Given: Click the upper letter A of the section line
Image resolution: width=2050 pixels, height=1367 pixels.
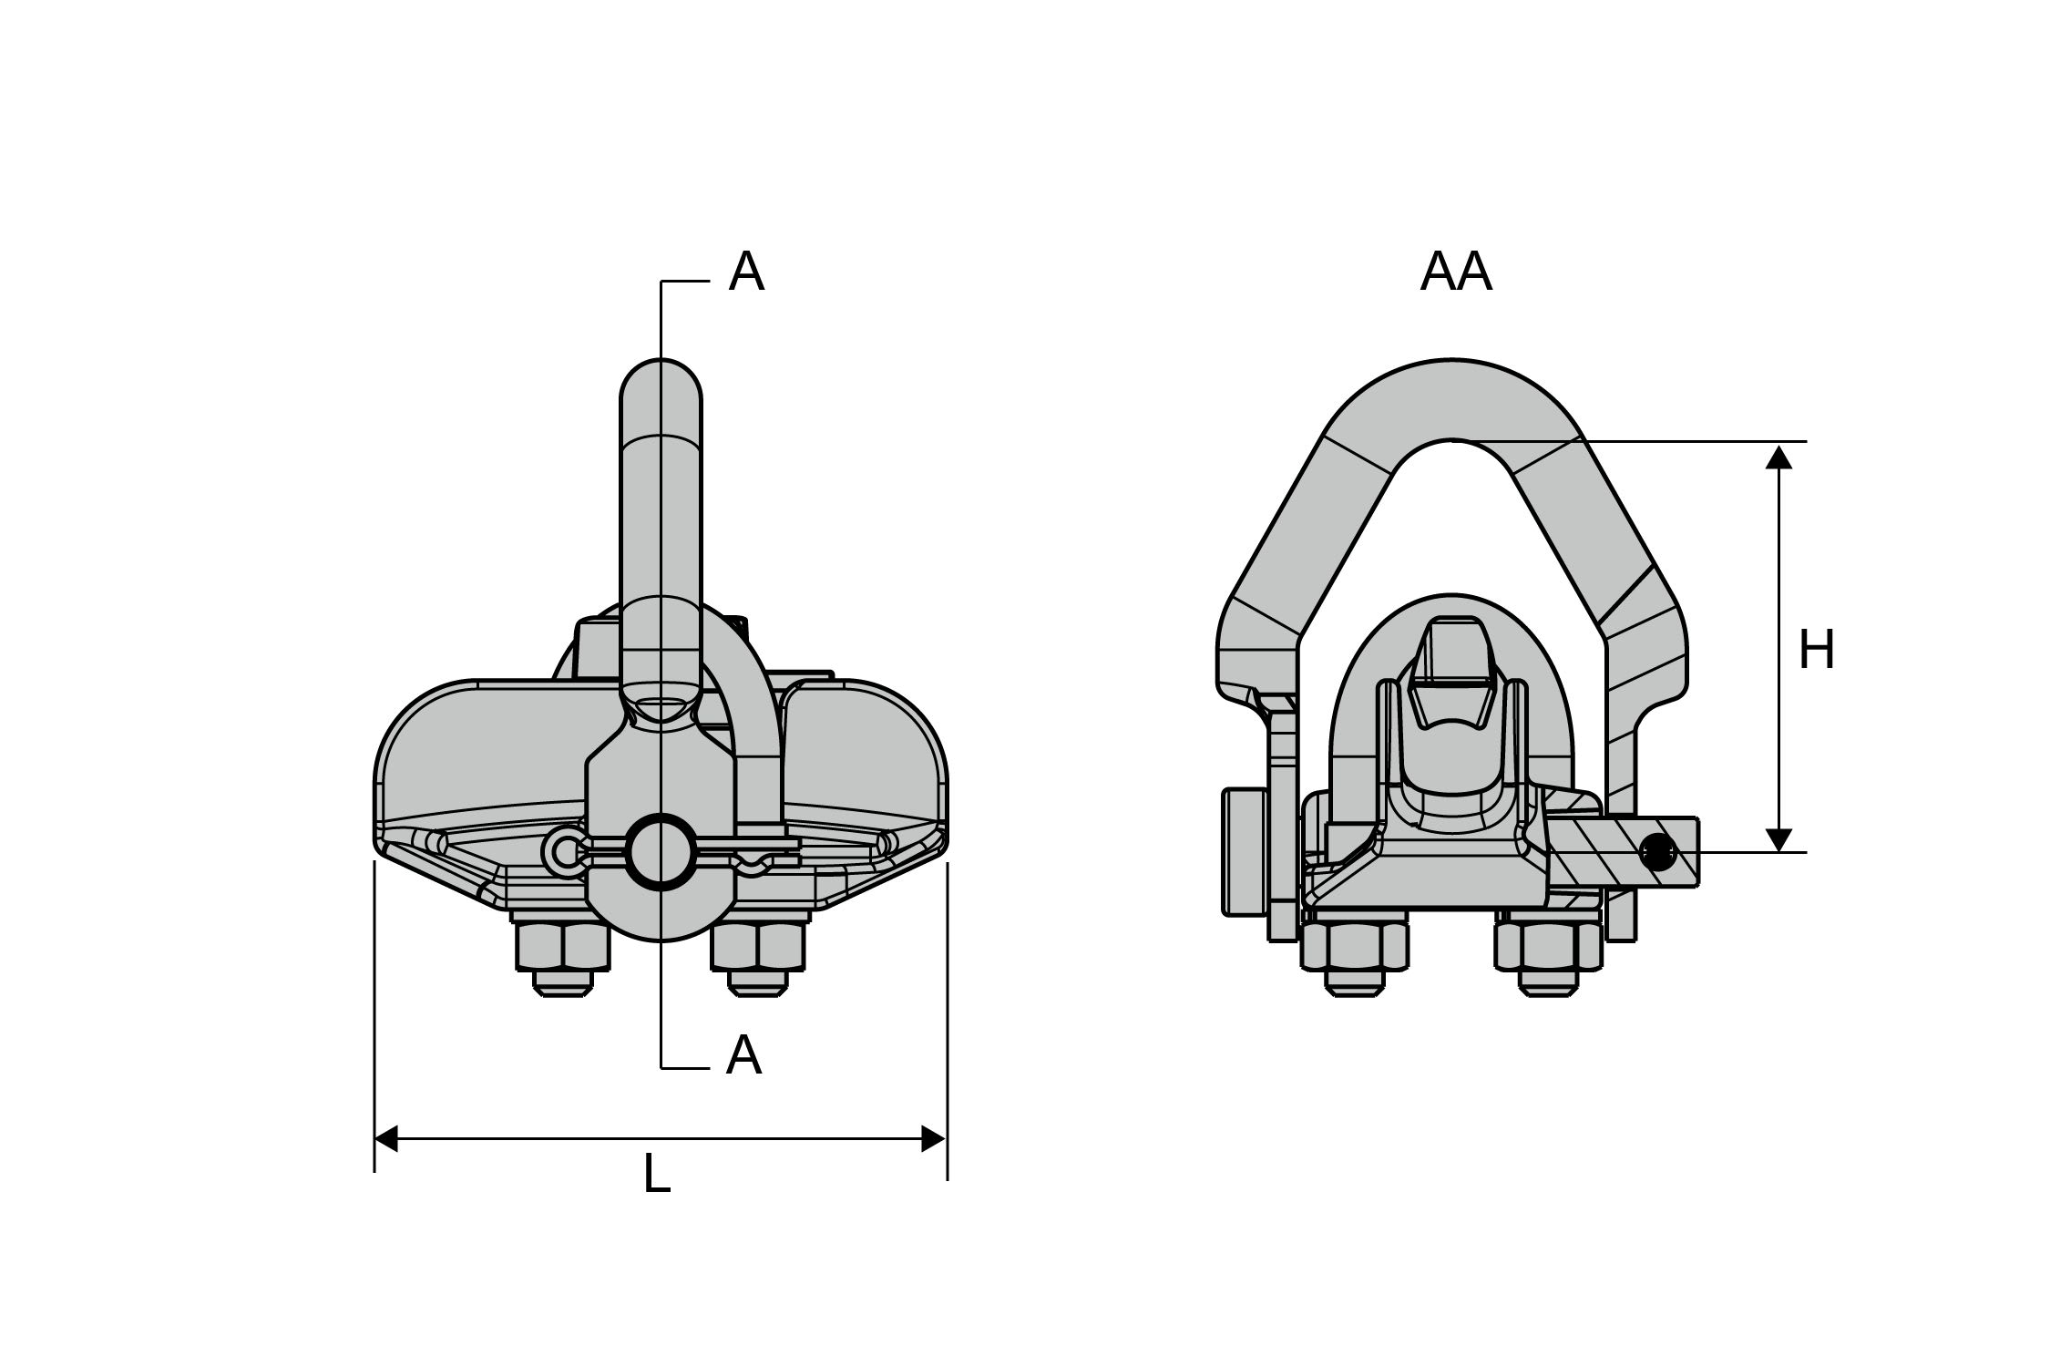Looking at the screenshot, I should pos(746,272).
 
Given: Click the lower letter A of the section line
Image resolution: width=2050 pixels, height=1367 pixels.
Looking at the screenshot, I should pos(743,1056).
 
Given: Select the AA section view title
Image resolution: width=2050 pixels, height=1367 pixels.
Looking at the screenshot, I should pos(1455,272).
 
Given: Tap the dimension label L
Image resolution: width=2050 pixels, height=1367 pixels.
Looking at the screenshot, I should pos(656,1175).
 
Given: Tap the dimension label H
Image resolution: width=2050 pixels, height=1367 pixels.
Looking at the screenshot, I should pos(1816,651).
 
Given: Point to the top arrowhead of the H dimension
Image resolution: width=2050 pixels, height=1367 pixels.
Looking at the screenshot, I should pos(1778,456).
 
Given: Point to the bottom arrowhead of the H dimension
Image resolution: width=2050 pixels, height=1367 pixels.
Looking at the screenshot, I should pos(1778,839).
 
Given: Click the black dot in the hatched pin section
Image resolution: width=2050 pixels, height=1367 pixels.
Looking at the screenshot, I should pos(1657,853).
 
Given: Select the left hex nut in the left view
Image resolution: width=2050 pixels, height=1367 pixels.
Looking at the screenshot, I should pos(562,948).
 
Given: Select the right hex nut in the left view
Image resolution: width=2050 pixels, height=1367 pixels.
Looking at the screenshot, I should pos(758,948).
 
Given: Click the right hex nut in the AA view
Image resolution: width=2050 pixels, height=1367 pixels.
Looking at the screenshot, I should pos(1548,948).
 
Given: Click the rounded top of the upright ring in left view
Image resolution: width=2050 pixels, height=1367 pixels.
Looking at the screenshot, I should pos(661,383).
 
